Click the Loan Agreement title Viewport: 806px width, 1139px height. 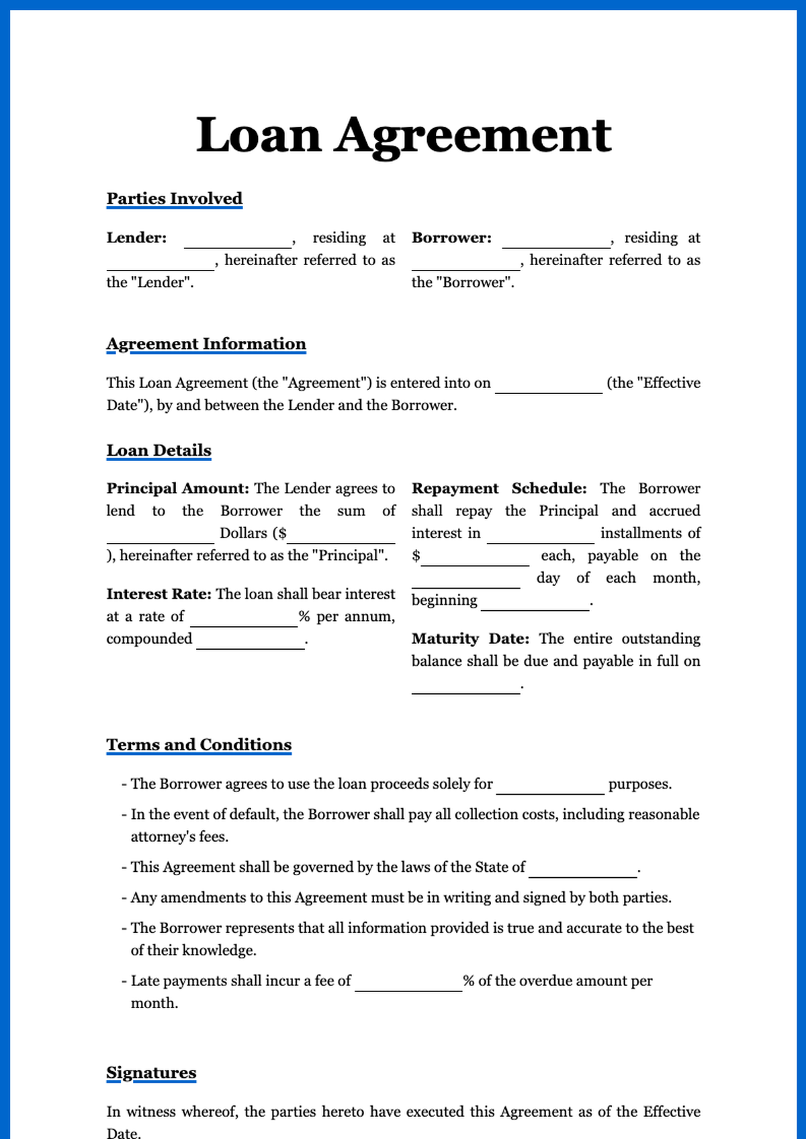[x=403, y=135]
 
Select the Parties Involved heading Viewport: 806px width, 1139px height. [x=174, y=199]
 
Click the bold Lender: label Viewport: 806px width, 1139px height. [x=136, y=238]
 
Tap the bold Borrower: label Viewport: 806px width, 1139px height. [x=451, y=238]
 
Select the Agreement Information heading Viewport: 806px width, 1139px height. [x=206, y=344]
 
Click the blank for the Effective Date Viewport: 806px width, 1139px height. [x=549, y=387]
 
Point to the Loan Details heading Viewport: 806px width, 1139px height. [x=159, y=450]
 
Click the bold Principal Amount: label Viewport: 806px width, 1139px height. [x=177, y=489]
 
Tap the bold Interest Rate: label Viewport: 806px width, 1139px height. [x=159, y=594]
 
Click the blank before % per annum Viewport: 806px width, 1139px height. [x=244, y=621]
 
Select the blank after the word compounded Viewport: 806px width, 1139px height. [x=251, y=643]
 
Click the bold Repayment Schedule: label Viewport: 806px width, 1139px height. [x=499, y=489]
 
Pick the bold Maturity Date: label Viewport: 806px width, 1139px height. [x=470, y=638]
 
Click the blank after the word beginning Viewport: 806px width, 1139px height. [x=535, y=605]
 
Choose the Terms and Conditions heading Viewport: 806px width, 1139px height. [x=199, y=745]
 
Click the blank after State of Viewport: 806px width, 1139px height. [x=582, y=872]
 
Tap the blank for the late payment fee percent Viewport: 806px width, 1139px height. [x=408, y=985]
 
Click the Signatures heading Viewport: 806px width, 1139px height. [x=151, y=1073]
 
